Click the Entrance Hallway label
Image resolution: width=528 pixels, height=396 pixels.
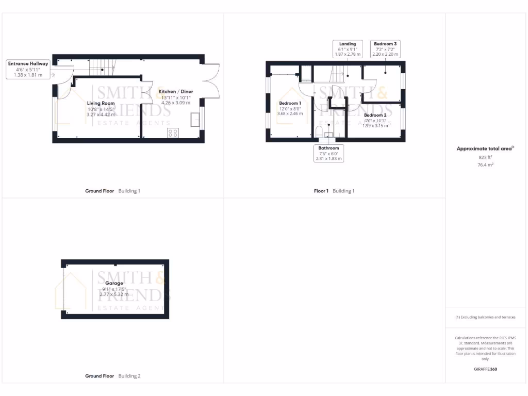point(28,63)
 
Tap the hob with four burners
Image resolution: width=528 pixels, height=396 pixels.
point(173,133)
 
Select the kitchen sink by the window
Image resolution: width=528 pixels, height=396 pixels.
point(194,120)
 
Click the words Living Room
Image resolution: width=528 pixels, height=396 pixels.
point(101,103)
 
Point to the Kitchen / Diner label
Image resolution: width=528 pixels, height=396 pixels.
point(176,91)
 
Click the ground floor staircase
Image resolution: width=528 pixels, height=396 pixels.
point(102,67)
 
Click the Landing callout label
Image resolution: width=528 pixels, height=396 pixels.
point(348,44)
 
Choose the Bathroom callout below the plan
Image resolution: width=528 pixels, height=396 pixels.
point(328,148)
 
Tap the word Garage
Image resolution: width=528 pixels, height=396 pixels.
point(114,283)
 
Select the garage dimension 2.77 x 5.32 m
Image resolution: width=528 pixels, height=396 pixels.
point(114,294)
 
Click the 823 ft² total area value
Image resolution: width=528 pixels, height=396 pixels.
point(486,157)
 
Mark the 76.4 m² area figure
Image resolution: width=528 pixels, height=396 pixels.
point(486,164)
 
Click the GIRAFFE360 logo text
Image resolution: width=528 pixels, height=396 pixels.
point(485,369)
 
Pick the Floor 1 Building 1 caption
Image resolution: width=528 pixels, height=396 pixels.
point(334,191)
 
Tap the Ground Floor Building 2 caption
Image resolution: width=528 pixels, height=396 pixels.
point(112,376)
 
